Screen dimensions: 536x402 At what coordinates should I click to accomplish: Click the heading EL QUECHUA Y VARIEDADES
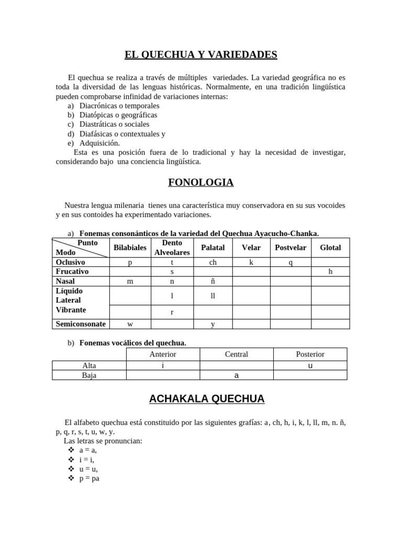click(200, 54)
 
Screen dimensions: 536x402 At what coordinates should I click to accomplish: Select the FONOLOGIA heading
click(200, 182)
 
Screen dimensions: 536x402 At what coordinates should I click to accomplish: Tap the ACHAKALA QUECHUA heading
click(206, 399)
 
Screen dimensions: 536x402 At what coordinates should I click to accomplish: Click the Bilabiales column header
click(130, 248)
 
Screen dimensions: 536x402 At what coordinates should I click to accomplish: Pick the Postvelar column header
click(291, 248)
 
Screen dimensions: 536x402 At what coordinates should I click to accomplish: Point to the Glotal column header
click(330, 248)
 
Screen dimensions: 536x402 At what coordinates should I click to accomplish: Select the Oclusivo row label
click(71, 262)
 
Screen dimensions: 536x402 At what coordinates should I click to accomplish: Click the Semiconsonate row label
click(81, 324)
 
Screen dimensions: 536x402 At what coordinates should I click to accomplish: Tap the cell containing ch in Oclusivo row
click(213, 263)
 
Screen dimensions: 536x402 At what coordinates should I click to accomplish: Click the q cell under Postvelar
click(291, 263)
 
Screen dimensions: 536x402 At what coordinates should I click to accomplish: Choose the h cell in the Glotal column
click(330, 272)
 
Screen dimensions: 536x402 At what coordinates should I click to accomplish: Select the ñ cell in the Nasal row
click(213, 282)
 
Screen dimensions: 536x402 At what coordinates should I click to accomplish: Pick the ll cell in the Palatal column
click(213, 296)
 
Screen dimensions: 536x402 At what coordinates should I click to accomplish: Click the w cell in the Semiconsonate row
click(130, 325)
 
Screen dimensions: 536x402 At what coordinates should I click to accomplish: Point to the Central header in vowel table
click(236, 354)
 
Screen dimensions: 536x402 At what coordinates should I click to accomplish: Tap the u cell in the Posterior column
click(310, 366)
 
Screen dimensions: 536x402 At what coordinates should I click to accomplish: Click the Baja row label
click(89, 375)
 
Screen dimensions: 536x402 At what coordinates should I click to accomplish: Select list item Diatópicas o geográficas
click(118, 115)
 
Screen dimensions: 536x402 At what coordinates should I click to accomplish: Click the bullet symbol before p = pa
click(71, 478)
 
